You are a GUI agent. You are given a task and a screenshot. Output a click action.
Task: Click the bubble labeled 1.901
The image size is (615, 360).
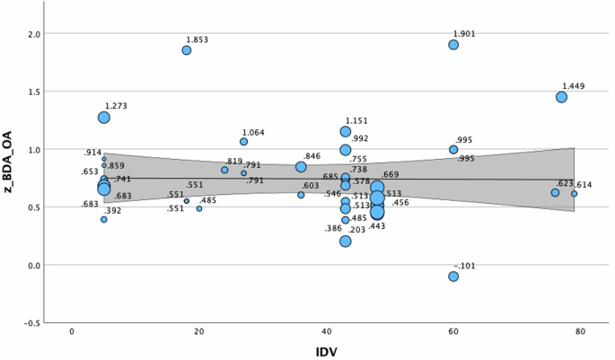[453, 45]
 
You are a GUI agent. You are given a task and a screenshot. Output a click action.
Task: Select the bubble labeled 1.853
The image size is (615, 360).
[187, 50]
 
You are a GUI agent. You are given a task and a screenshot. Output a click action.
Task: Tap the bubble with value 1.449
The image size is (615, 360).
[561, 97]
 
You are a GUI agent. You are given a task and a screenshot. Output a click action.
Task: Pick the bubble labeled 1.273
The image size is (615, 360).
[104, 118]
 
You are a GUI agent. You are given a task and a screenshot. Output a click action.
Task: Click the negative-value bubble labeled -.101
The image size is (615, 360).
[453, 277]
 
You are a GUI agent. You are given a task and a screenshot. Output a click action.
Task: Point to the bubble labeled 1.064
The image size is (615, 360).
[243, 142]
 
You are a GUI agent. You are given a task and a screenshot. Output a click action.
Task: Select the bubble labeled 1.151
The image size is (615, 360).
[346, 132]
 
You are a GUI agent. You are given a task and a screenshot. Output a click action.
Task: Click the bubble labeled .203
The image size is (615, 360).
[346, 241]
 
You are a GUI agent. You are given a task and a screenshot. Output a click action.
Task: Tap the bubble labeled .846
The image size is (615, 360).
[301, 167]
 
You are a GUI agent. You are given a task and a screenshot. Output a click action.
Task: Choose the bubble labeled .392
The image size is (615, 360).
[104, 219]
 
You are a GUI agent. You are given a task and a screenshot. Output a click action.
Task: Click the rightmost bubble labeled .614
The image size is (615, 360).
[574, 194]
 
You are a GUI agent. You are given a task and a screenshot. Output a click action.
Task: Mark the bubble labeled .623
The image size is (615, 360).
[555, 193]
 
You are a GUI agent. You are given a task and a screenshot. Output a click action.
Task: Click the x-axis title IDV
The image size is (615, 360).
[325, 351]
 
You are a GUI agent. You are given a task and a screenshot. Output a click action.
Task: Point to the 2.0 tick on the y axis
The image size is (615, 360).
[33, 34]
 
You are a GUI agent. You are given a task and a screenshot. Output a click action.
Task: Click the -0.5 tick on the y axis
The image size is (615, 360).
[31, 322]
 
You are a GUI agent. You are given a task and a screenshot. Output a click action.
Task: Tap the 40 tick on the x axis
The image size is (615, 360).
[326, 332]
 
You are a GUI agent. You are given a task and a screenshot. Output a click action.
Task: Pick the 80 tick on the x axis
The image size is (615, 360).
[581, 332]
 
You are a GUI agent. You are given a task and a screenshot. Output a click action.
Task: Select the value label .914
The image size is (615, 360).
[92, 153]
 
